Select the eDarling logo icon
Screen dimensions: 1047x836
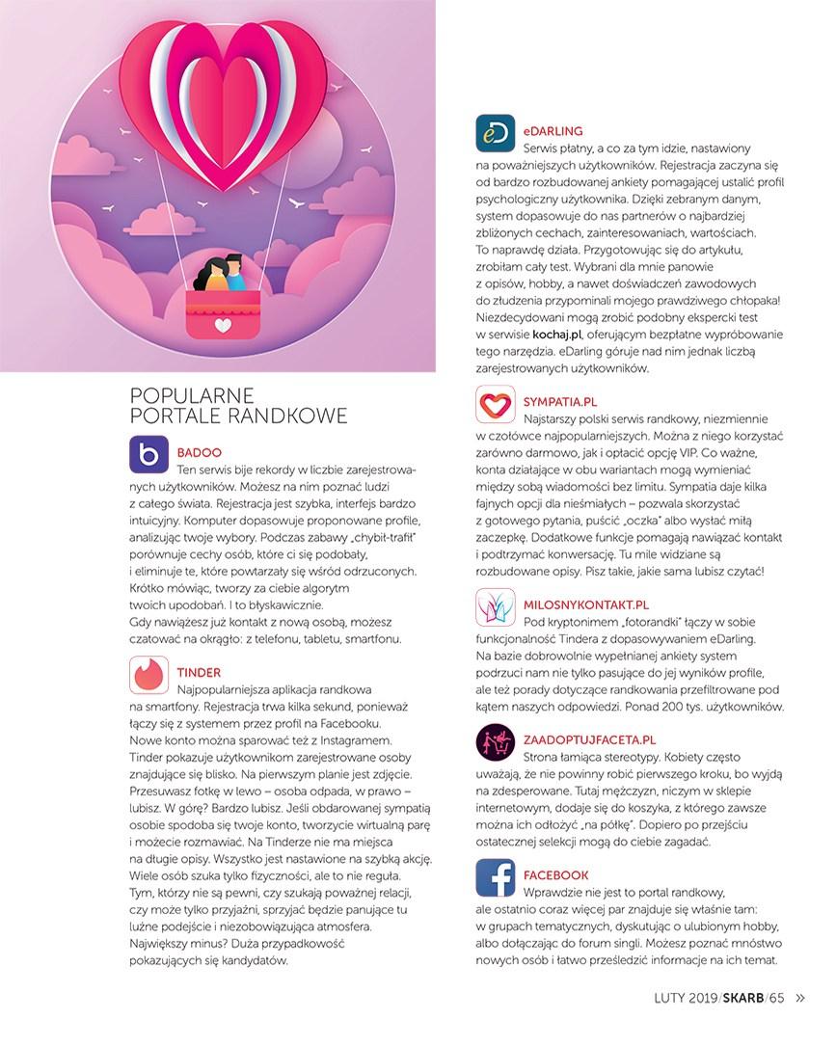tap(496, 134)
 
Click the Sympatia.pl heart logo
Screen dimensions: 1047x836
tap(496, 402)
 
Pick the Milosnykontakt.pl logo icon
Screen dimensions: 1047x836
tap(496, 608)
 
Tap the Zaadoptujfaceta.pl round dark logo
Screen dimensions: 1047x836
tap(496, 743)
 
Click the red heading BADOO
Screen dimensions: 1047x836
tap(200, 450)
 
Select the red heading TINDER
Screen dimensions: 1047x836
tap(200, 671)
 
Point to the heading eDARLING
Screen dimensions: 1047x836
tap(553, 129)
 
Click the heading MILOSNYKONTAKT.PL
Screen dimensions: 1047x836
tap(585, 604)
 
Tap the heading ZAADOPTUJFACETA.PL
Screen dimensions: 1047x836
tap(589, 739)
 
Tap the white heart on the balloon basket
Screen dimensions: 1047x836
tap(224, 325)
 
